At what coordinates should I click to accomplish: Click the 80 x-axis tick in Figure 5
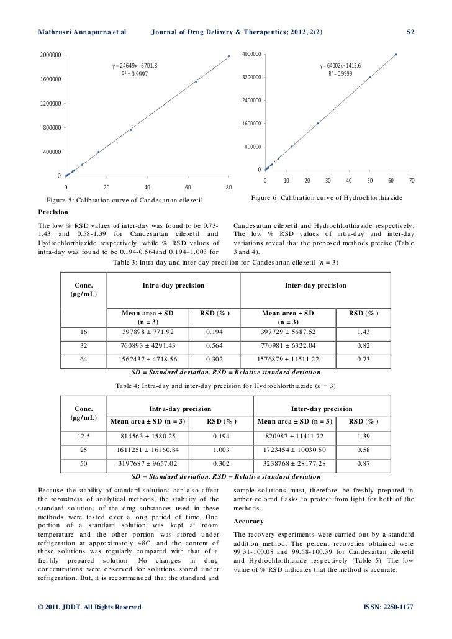pyautogui.click(x=229, y=186)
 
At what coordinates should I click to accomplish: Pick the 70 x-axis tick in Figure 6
pyautogui.click(x=412, y=181)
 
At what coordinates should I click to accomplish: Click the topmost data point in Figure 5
pyautogui.click(x=228, y=56)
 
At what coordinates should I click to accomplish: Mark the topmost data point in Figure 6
pyautogui.click(x=396, y=55)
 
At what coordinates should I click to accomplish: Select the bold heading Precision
pyautogui.click(x=55, y=211)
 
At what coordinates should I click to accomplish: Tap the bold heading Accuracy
pyautogui.click(x=248, y=521)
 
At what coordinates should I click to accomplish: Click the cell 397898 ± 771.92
pyautogui.click(x=148, y=331)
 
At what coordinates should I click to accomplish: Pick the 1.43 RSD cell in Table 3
pyautogui.click(x=363, y=331)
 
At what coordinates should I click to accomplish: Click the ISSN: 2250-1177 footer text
pyautogui.click(x=387, y=605)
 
